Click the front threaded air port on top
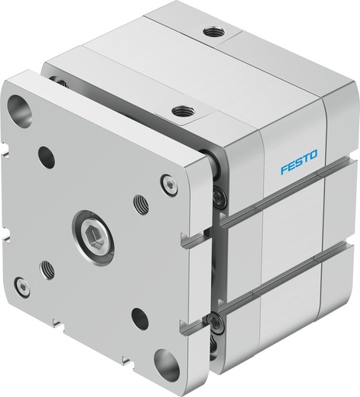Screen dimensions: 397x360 click(184, 113)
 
